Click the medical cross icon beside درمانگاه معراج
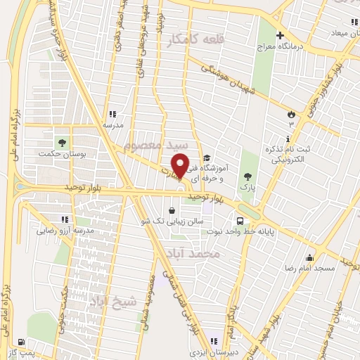[x=280, y=35]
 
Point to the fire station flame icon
[x=290, y=113]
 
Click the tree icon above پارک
[x=246, y=176]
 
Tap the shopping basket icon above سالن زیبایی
[x=172, y=210]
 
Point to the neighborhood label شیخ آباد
[x=113, y=303]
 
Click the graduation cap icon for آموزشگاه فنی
[x=206, y=158]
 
